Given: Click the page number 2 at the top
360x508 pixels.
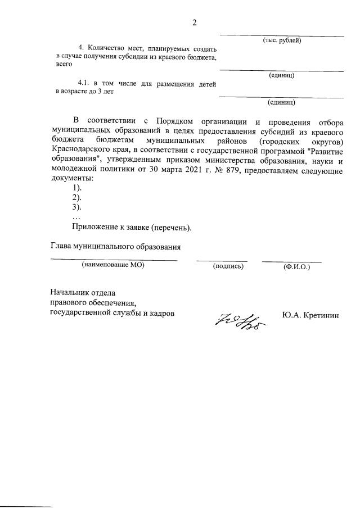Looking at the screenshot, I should [x=195, y=22].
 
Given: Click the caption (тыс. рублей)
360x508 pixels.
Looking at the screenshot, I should [x=282, y=40].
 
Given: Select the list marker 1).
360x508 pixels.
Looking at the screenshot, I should [x=78, y=188].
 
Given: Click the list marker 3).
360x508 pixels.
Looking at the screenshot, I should [x=78, y=207].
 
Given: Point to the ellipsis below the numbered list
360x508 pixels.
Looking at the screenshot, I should [x=76, y=217].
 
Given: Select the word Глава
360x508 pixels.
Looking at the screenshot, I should [x=62, y=246].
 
